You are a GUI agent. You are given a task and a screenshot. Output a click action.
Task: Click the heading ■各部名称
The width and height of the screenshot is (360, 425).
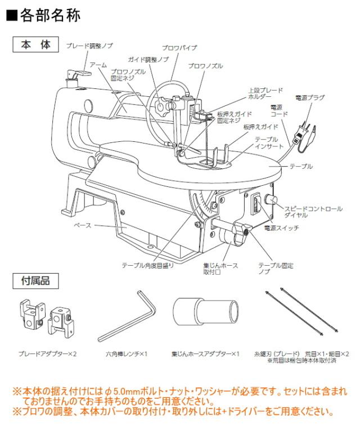43,15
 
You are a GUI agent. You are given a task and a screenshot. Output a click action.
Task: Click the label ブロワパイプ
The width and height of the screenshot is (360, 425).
179,48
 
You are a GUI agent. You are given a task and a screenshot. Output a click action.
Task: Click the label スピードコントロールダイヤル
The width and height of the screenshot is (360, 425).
312,212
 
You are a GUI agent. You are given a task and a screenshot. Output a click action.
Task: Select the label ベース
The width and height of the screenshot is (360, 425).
82,225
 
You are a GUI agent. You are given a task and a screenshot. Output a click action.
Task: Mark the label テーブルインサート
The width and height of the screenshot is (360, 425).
267,142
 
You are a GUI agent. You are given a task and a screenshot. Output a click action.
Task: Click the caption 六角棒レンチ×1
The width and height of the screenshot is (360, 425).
127,354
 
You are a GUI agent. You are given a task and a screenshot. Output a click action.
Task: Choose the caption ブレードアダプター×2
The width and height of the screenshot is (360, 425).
48,354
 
